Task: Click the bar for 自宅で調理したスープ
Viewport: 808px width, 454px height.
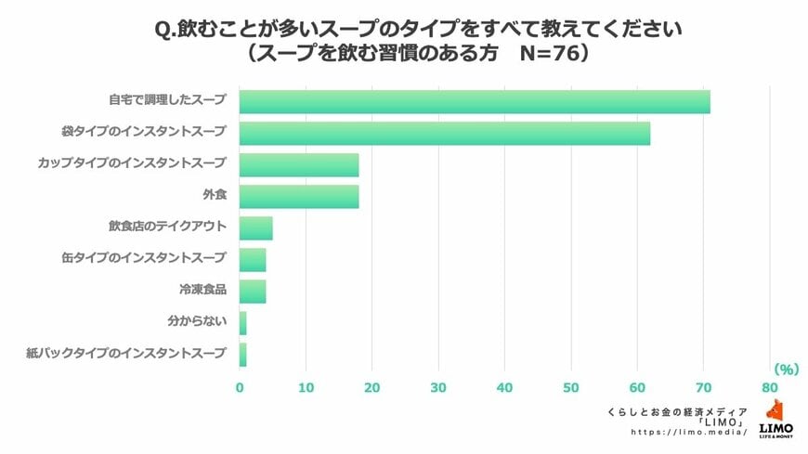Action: pos(475,101)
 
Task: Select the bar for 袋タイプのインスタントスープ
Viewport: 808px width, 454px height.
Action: pos(445,133)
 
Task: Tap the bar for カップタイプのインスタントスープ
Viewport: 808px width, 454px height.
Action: pos(299,164)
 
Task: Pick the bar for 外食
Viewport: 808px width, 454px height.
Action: pos(299,196)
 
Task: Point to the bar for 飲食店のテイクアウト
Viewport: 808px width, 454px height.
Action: pos(256,227)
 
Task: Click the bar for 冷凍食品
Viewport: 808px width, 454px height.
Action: pos(253,291)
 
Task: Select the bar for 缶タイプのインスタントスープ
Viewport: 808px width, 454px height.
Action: pos(253,259)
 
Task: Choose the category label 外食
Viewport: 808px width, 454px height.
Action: pos(214,196)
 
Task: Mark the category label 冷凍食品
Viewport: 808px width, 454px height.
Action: pos(202,291)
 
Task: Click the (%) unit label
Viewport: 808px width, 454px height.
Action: pos(786,369)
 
